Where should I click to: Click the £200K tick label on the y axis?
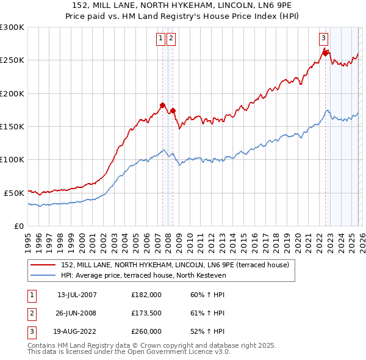[x=12, y=93]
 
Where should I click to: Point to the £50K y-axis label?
[x=14, y=193]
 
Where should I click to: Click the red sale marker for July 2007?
[x=163, y=105]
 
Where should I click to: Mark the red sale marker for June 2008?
[x=173, y=110]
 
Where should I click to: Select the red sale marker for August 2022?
[x=326, y=53]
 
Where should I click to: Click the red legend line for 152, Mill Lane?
[x=44, y=265]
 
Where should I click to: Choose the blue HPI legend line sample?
[x=44, y=276]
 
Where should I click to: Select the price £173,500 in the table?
[x=146, y=313]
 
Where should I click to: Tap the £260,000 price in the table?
[x=146, y=331]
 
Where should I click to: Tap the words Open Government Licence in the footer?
[x=175, y=352]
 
